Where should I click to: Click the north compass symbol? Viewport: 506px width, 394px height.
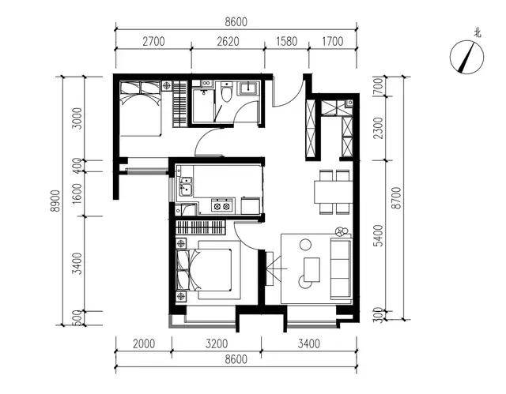[467, 57]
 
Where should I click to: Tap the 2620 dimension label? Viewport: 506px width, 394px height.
[228, 42]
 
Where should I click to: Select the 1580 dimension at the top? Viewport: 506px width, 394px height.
[287, 42]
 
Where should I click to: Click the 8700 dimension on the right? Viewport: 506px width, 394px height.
[396, 198]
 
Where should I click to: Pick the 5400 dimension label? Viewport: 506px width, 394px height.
[379, 235]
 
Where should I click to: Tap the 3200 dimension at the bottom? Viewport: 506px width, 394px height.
[217, 343]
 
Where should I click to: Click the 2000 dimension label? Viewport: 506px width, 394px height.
[144, 343]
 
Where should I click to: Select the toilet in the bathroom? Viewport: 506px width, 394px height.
[227, 92]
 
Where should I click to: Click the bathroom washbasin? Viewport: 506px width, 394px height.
[249, 88]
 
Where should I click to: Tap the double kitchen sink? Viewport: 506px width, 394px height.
[186, 186]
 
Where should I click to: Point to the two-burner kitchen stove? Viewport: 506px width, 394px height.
[222, 205]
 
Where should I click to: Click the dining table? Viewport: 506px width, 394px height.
[334, 192]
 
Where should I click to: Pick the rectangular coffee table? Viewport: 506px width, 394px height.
[312, 270]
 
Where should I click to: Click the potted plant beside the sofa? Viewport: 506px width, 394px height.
[342, 232]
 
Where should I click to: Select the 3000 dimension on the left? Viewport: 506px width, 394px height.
[77, 118]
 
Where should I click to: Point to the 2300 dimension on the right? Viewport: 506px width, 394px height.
[379, 128]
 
